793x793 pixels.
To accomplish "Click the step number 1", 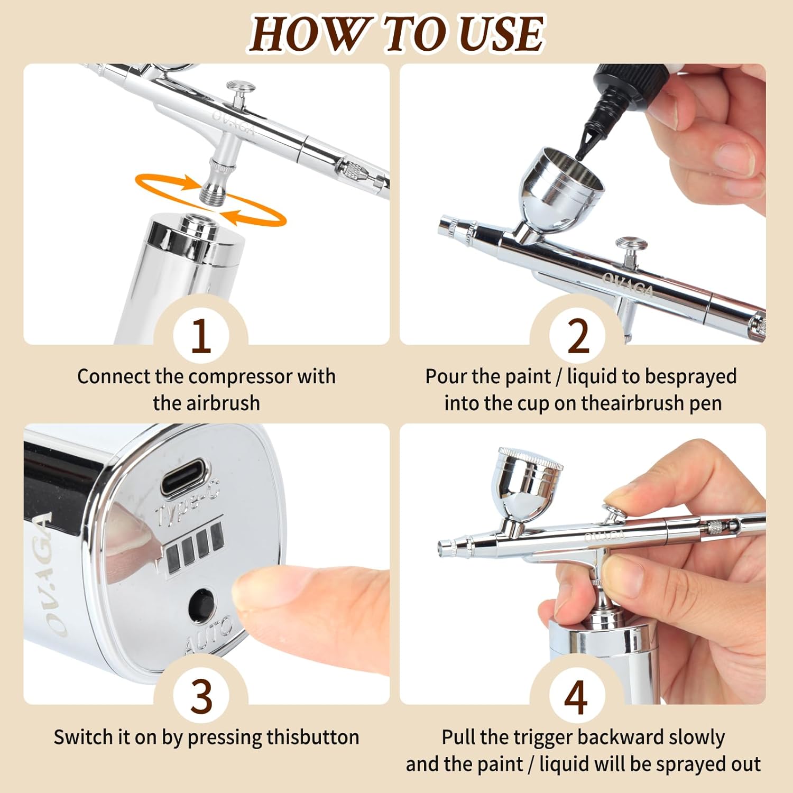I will [201, 336].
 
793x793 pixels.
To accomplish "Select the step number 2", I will [578, 336].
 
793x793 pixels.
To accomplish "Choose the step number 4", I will [576, 696].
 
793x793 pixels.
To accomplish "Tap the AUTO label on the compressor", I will [208, 635].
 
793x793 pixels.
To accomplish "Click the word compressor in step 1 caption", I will [241, 377].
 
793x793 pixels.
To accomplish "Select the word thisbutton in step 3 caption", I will [313, 737].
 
